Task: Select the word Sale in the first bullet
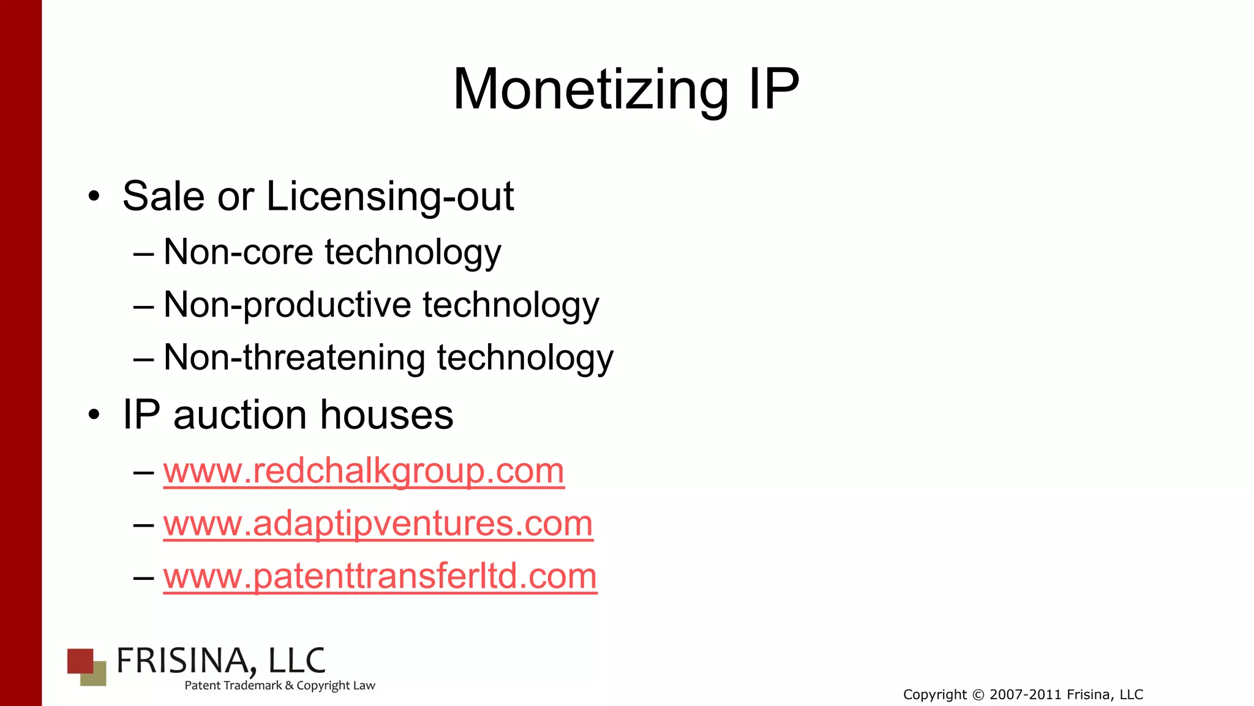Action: coord(163,196)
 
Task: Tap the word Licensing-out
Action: coord(390,196)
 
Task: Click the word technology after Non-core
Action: coord(413,252)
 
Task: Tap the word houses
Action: coord(386,415)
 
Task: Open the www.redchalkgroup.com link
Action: coord(364,471)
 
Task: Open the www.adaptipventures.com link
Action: coord(378,524)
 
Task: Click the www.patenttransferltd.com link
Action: coord(380,576)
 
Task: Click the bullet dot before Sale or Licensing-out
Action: coord(93,197)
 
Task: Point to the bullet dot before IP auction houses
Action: coord(93,415)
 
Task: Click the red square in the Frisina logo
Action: coord(80,660)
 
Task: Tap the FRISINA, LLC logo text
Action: coord(220,661)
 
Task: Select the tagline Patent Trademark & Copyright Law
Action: coord(280,686)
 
